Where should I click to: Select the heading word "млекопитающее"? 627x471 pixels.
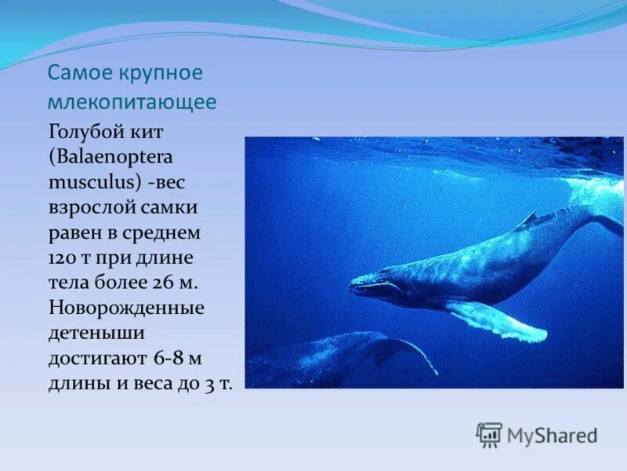click(132, 102)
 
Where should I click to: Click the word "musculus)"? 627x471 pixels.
click(95, 181)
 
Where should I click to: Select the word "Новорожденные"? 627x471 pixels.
click(126, 307)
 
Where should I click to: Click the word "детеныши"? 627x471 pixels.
click(96, 332)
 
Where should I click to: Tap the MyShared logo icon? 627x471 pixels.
click(489, 434)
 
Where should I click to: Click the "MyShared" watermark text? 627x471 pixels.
click(552, 435)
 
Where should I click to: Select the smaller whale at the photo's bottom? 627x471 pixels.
click(337, 357)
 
